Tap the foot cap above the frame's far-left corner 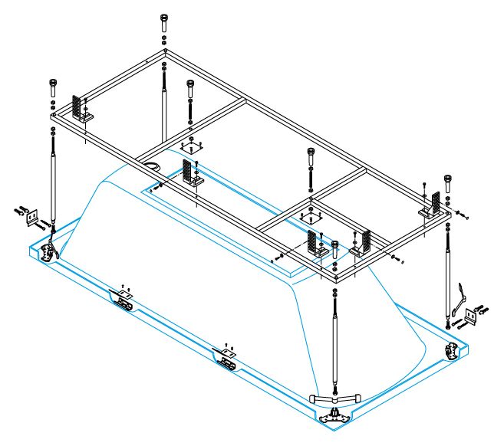52,83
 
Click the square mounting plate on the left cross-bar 191,148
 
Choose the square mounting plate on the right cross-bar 311,217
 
